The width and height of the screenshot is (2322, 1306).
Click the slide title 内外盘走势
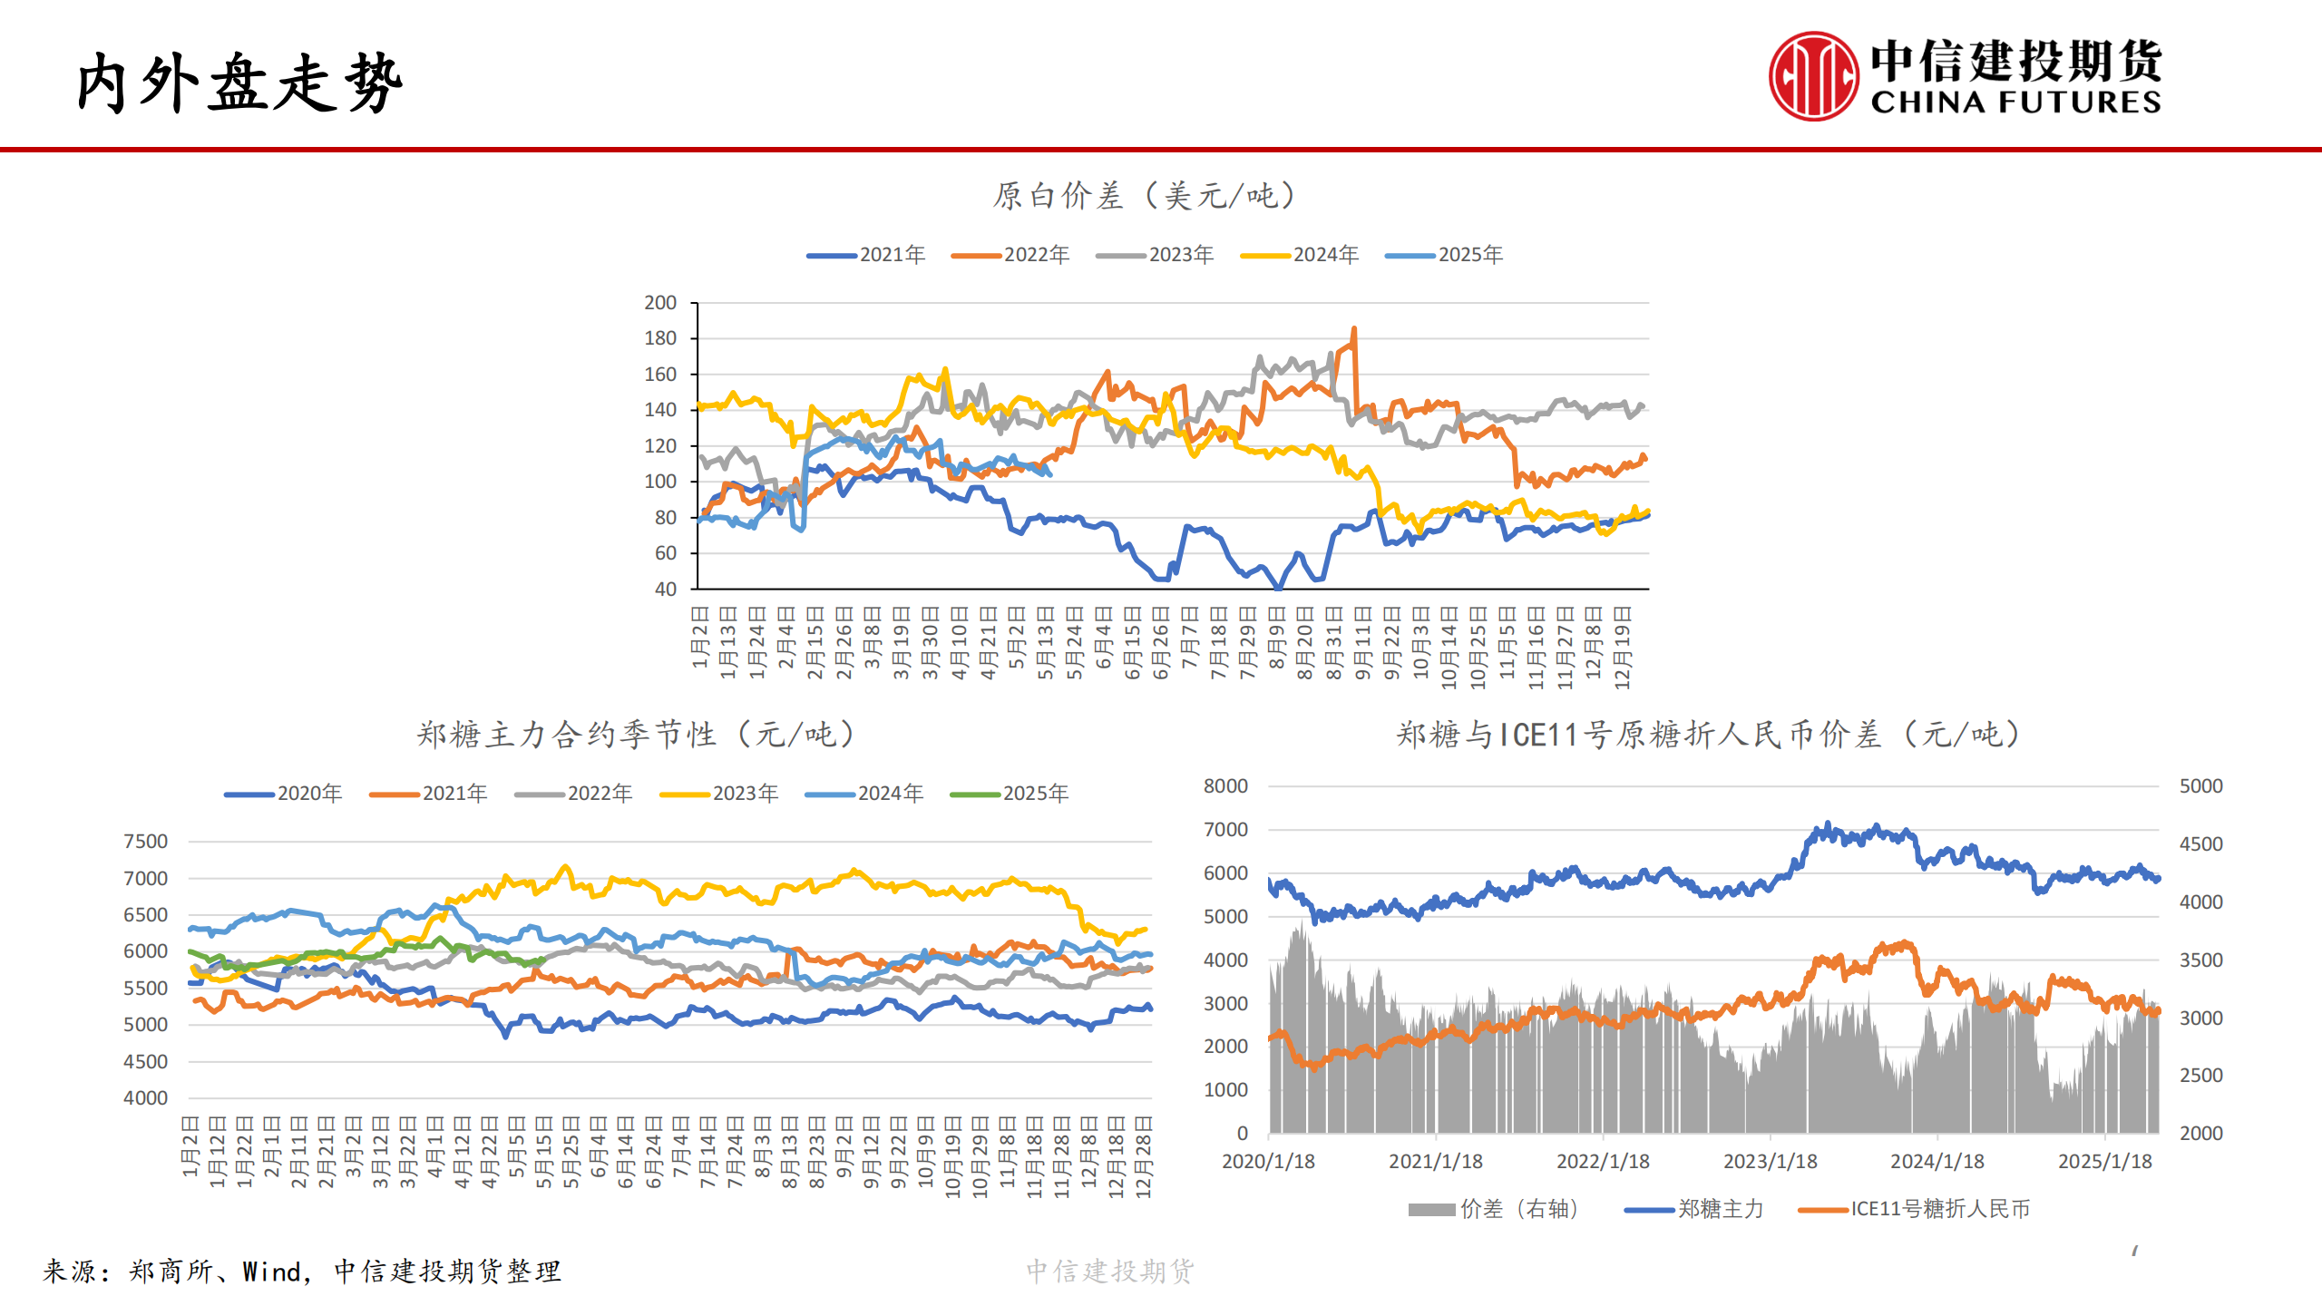(x=239, y=83)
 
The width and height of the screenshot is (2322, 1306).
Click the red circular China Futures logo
(x=1812, y=76)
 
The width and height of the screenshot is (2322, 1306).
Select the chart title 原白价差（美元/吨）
(x=1145, y=195)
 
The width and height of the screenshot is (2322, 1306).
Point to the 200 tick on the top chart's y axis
(x=660, y=303)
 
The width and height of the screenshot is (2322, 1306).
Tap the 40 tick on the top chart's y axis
(x=666, y=590)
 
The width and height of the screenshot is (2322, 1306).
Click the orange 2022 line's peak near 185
(x=1354, y=330)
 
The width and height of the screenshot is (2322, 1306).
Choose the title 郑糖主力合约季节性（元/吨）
(x=636, y=734)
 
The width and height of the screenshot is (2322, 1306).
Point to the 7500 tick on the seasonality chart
(x=146, y=842)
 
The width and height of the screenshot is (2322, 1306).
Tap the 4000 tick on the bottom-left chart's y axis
(x=146, y=1098)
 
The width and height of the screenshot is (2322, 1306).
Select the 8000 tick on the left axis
(x=1225, y=786)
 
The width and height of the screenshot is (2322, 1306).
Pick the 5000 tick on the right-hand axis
(x=2200, y=786)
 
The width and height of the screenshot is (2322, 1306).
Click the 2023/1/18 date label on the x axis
(x=1770, y=1162)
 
